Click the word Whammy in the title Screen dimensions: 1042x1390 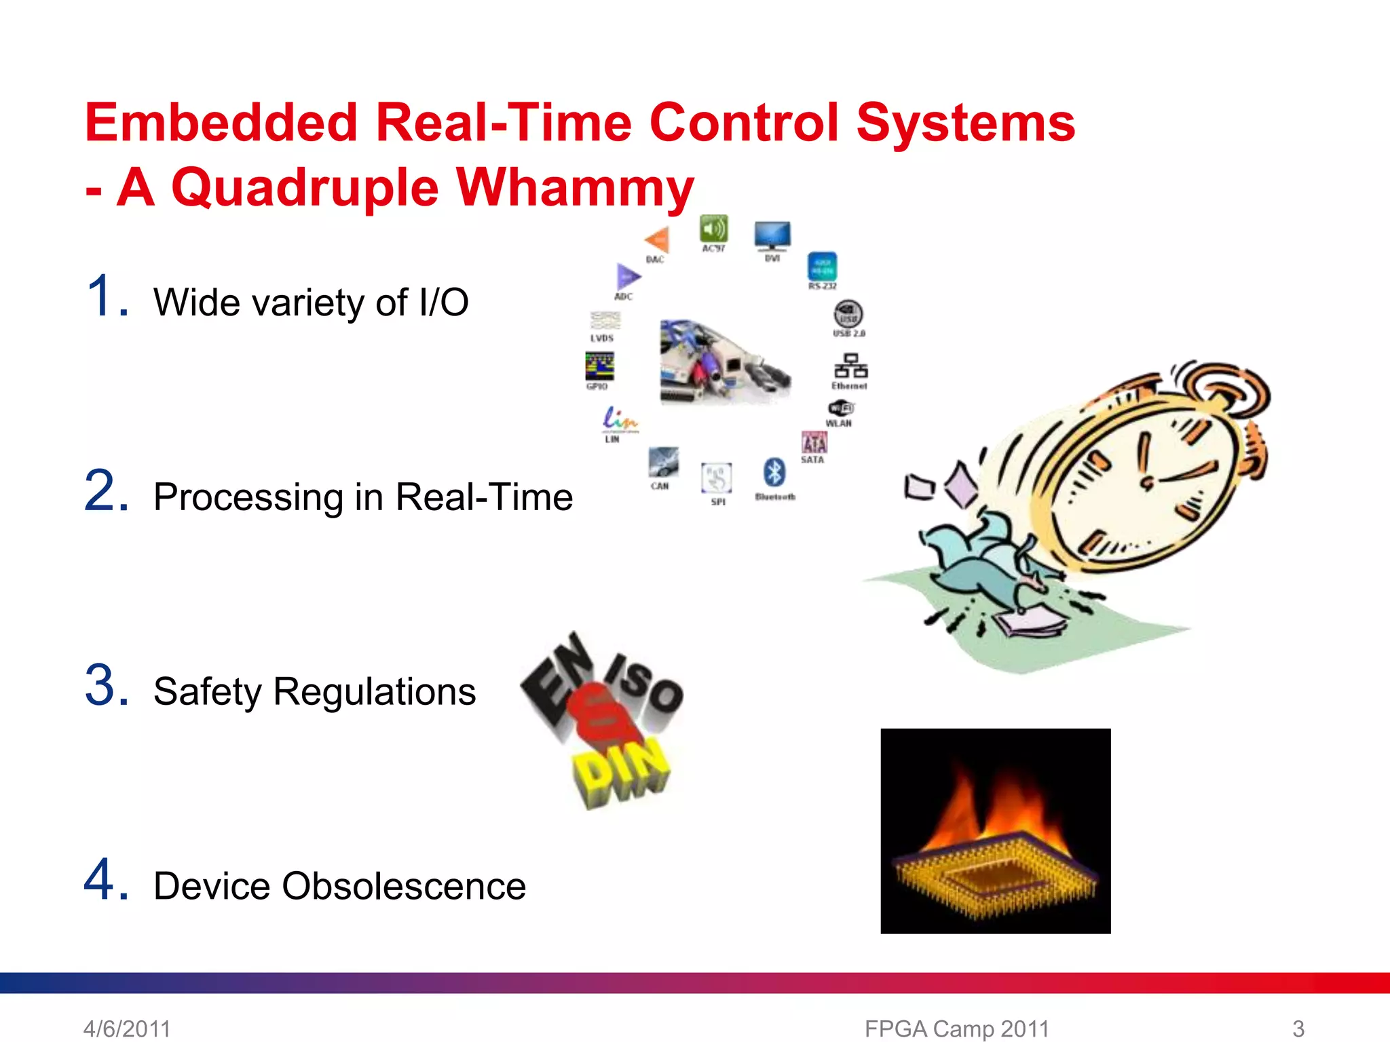pyautogui.click(x=575, y=188)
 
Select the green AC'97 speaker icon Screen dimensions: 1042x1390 pyautogui.click(x=713, y=229)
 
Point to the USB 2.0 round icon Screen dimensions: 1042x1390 pyautogui.click(x=848, y=314)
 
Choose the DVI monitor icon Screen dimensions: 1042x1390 pyautogui.click(x=772, y=235)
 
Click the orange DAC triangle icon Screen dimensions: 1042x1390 pyautogui.click(x=657, y=239)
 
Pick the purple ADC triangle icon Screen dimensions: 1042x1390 pyautogui.click(x=627, y=277)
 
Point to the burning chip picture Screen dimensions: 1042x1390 pyautogui.click(x=995, y=831)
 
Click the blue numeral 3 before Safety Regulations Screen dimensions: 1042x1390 pyautogui.click(x=106, y=685)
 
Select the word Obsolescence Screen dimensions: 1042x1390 pyautogui.click(x=404, y=886)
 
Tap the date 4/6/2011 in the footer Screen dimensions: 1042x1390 pyautogui.click(x=127, y=1028)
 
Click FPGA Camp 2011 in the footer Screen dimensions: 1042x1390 pyautogui.click(x=956, y=1028)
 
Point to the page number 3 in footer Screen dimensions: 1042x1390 pyautogui.click(x=1298, y=1028)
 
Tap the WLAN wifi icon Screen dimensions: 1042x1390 pyautogui.click(x=841, y=408)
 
